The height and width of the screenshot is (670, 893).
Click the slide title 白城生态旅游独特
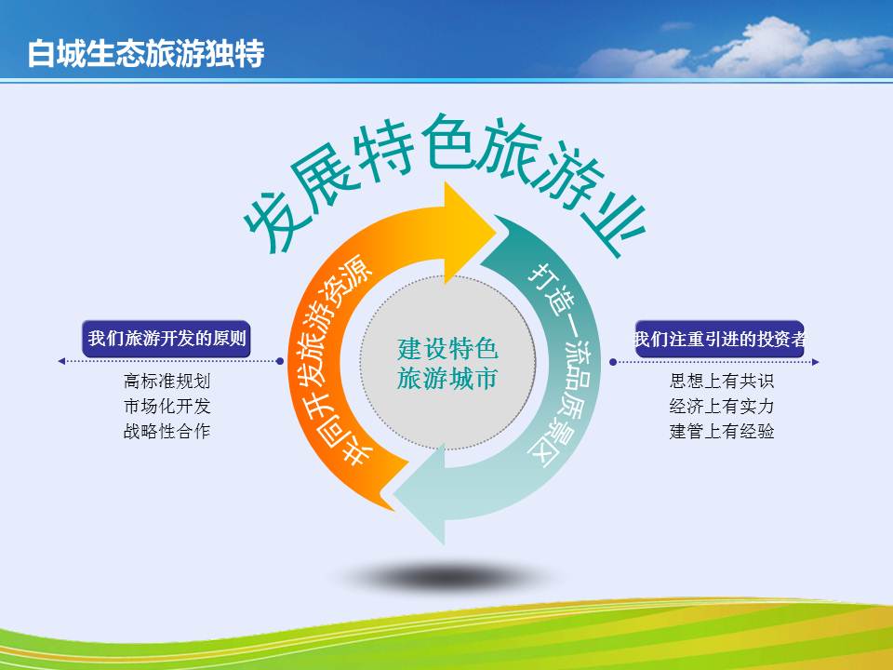point(146,53)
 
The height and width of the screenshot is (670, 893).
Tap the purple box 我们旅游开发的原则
point(167,339)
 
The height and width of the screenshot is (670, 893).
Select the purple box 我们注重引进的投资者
point(719,339)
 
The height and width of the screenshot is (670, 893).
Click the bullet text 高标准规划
point(167,381)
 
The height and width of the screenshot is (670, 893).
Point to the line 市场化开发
point(167,406)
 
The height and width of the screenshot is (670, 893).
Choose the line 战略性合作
point(167,431)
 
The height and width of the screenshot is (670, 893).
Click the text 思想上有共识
point(722,381)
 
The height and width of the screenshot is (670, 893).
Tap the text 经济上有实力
point(722,406)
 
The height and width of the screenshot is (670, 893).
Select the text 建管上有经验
point(722,431)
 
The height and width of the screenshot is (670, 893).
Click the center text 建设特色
point(447,349)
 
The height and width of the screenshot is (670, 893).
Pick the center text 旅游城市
point(447,379)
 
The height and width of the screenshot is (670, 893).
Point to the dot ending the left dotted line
point(280,361)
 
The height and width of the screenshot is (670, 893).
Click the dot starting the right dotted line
point(613,362)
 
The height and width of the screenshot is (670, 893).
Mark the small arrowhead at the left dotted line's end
point(61,361)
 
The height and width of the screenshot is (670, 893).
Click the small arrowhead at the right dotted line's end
point(816,362)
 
